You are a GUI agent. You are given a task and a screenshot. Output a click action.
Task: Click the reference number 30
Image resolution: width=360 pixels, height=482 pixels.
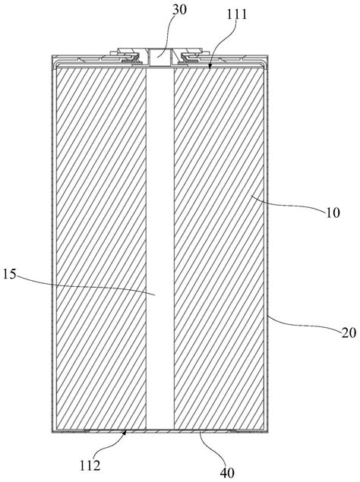tap(179, 10)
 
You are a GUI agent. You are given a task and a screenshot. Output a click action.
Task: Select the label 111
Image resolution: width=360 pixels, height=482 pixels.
tap(237, 14)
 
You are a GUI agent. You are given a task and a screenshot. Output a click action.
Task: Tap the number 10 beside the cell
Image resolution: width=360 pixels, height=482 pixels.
tap(333, 213)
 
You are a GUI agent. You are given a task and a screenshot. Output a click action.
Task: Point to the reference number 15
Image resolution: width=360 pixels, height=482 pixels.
tap(9, 274)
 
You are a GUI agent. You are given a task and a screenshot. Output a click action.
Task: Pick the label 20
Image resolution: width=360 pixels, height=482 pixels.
tap(349, 333)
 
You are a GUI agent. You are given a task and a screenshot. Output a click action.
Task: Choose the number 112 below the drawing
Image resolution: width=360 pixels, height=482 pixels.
tap(90, 466)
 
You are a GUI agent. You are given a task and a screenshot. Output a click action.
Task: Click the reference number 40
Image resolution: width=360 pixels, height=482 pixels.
tap(227, 473)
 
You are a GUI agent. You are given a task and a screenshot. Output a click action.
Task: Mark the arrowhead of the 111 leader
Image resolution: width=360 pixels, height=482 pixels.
tap(210, 65)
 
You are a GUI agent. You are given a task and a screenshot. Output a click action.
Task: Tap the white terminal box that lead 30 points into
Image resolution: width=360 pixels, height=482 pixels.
tap(160, 57)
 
